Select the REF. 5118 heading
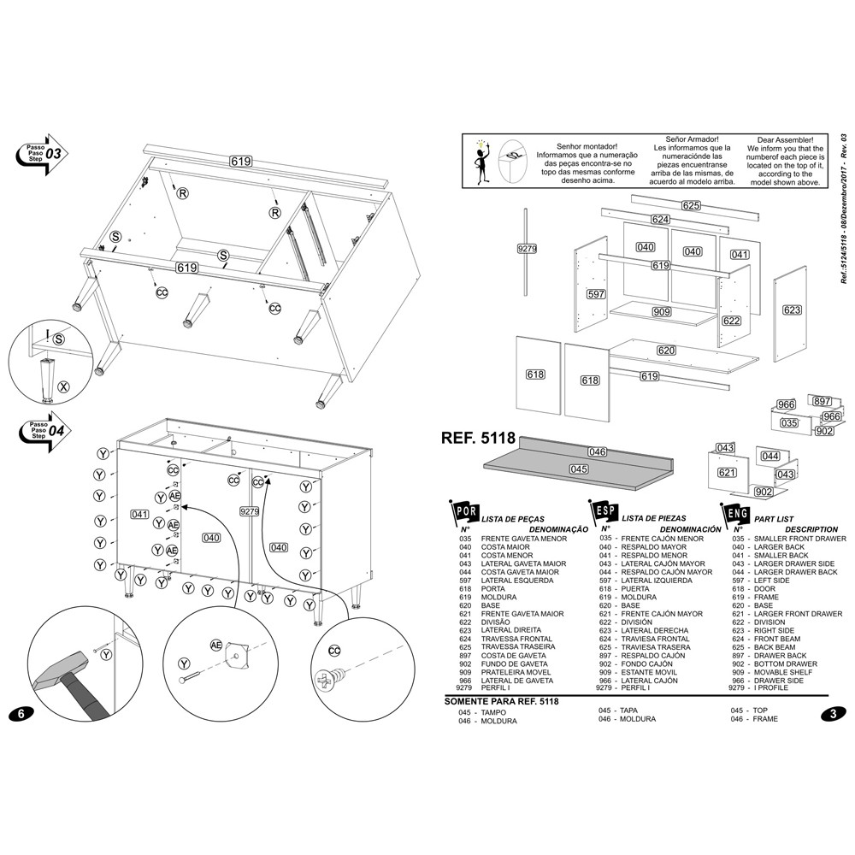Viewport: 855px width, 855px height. (x=477, y=438)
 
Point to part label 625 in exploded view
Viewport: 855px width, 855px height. (x=691, y=205)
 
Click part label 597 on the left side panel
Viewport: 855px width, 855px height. (x=596, y=294)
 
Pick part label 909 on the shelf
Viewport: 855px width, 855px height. (x=662, y=312)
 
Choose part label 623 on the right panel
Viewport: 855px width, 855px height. (x=792, y=310)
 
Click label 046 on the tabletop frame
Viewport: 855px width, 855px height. (x=597, y=451)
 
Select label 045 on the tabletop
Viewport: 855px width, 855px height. (x=579, y=469)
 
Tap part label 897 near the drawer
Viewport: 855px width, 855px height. (x=822, y=401)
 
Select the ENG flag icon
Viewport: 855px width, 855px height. (x=735, y=513)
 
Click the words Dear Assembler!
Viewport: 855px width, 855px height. (x=791, y=139)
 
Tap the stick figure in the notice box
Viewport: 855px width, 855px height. (x=479, y=160)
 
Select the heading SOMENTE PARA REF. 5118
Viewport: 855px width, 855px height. (x=501, y=702)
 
